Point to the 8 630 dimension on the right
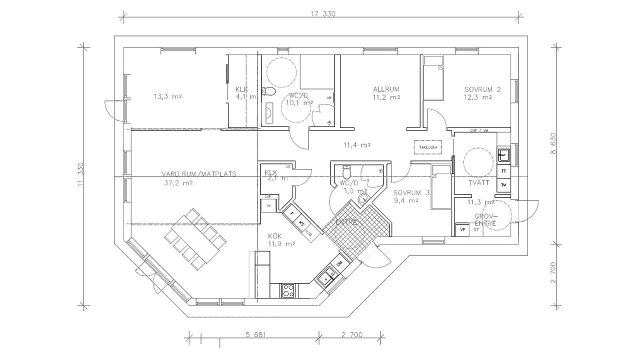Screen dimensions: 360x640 (x=553, y=144)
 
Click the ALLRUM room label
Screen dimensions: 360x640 (x=386, y=89)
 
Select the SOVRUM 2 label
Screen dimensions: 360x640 (x=482, y=89)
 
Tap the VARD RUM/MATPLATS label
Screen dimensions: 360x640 (x=198, y=174)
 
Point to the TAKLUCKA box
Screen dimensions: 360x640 (x=427, y=147)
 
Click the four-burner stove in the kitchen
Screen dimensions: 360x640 (x=288, y=290)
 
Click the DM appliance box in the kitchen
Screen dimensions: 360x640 (x=339, y=263)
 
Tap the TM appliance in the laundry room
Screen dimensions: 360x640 (x=503, y=185)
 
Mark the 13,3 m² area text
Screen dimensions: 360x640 (x=167, y=96)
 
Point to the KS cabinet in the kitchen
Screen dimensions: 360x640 (x=301, y=223)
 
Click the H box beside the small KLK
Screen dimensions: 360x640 (x=268, y=205)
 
